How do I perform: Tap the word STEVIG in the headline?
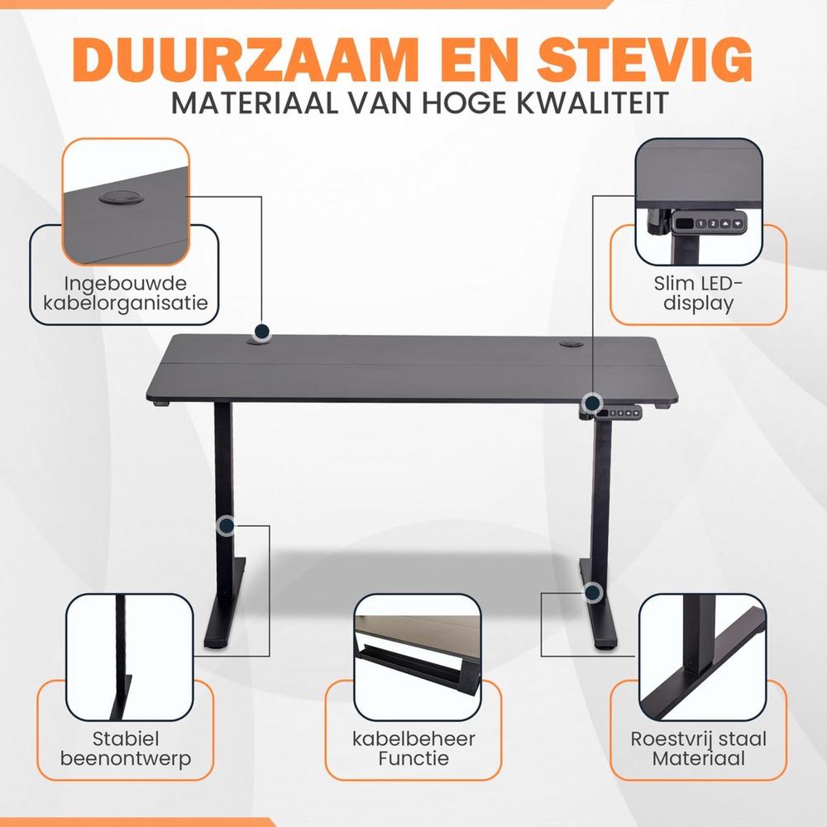coord(644,59)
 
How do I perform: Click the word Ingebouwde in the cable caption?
coord(126,283)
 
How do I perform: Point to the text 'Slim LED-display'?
coord(698,294)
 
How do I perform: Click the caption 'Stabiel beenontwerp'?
coord(126,748)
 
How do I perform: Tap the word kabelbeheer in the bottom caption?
coord(413,739)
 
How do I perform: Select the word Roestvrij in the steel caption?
coord(672,739)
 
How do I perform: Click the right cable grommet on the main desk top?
coord(571,344)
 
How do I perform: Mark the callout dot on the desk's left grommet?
coord(262,332)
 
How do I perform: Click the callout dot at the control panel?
coord(593,403)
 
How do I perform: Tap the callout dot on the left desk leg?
coord(227,526)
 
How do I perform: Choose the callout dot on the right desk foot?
coord(593,592)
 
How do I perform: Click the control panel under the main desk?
coord(618,413)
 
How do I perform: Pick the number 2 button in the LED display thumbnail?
coord(713,223)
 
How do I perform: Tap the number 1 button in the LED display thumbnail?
coord(700,223)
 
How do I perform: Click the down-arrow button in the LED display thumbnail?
coord(738,223)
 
